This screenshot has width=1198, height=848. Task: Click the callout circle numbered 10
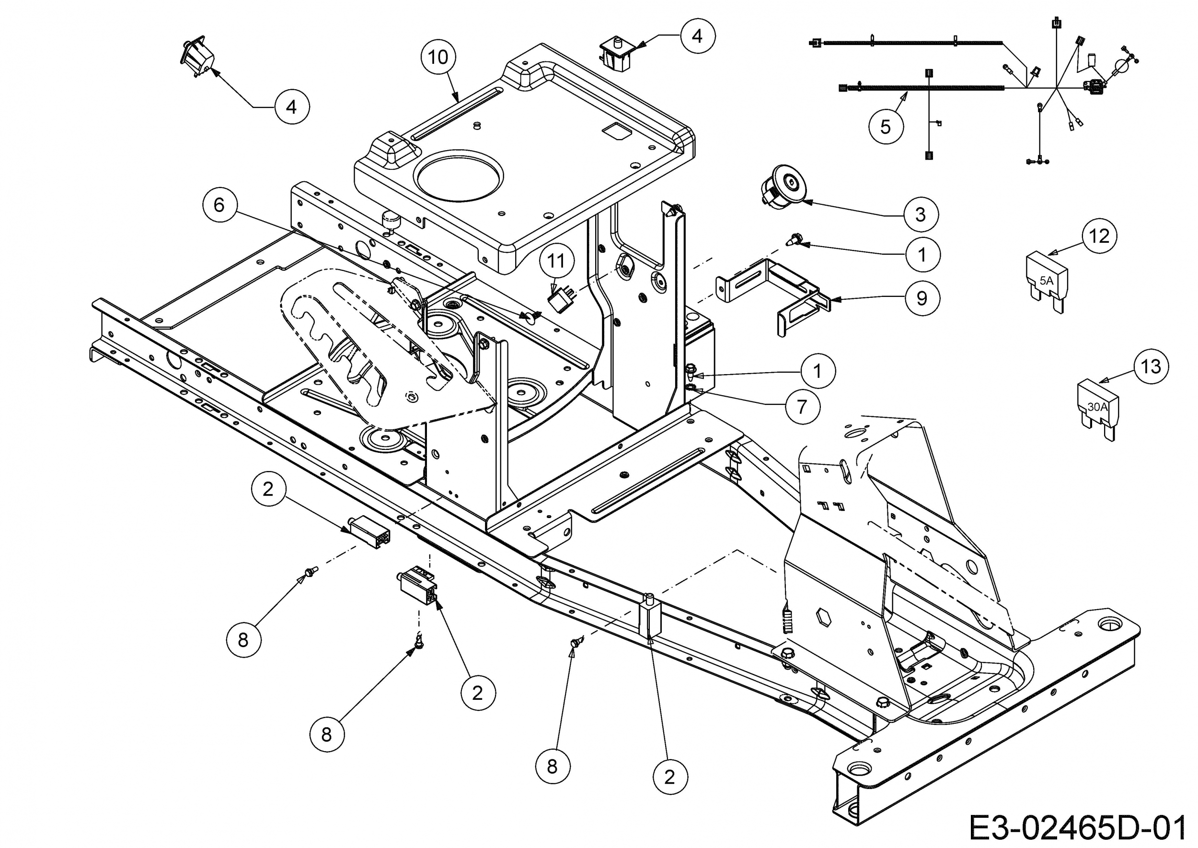coord(438,57)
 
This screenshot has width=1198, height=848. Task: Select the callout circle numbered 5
coord(886,126)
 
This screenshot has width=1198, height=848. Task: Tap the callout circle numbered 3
coord(921,214)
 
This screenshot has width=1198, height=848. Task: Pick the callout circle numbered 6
coord(219,205)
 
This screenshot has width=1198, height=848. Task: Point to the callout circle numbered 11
coord(556,260)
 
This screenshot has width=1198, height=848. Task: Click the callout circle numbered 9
coord(922,298)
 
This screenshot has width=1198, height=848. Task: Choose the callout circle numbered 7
coord(802,406)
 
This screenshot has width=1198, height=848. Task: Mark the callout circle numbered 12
coord(1099,236)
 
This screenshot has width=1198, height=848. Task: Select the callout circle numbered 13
coord(1151,366)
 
